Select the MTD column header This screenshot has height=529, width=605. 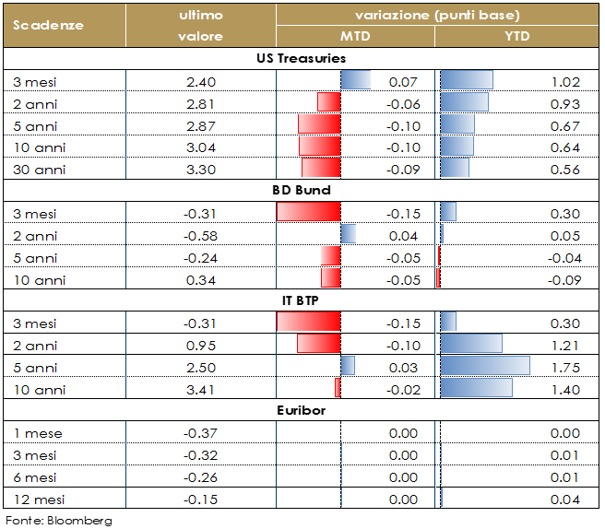[x=355, y=36]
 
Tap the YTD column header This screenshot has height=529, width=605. [x=516, y=36]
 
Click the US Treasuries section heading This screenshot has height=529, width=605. [x=301, y=58]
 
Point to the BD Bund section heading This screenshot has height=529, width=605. [x=301, y=191]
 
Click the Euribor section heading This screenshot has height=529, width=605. [x=301, y=410]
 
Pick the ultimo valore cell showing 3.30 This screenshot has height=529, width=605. [x=200, y=169]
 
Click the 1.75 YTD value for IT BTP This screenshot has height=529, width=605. [x=563, y=367]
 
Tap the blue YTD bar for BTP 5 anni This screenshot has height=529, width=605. [x=485, y=366]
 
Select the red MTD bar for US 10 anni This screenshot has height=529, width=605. [x=319, y=147]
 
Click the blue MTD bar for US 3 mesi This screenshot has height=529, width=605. [x=355, y=81]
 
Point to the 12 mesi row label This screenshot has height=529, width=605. [x=37, y=500]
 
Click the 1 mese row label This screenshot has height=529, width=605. [x=35, y=433]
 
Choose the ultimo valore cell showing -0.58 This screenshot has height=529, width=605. [x=200, y=236]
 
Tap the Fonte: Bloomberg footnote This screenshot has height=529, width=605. [x=59, y=520]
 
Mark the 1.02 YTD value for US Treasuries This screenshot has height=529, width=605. [x=563, y=82]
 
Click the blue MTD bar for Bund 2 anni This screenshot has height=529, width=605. [x=348, y=235]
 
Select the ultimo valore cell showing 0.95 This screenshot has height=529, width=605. [x=200, y=345]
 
